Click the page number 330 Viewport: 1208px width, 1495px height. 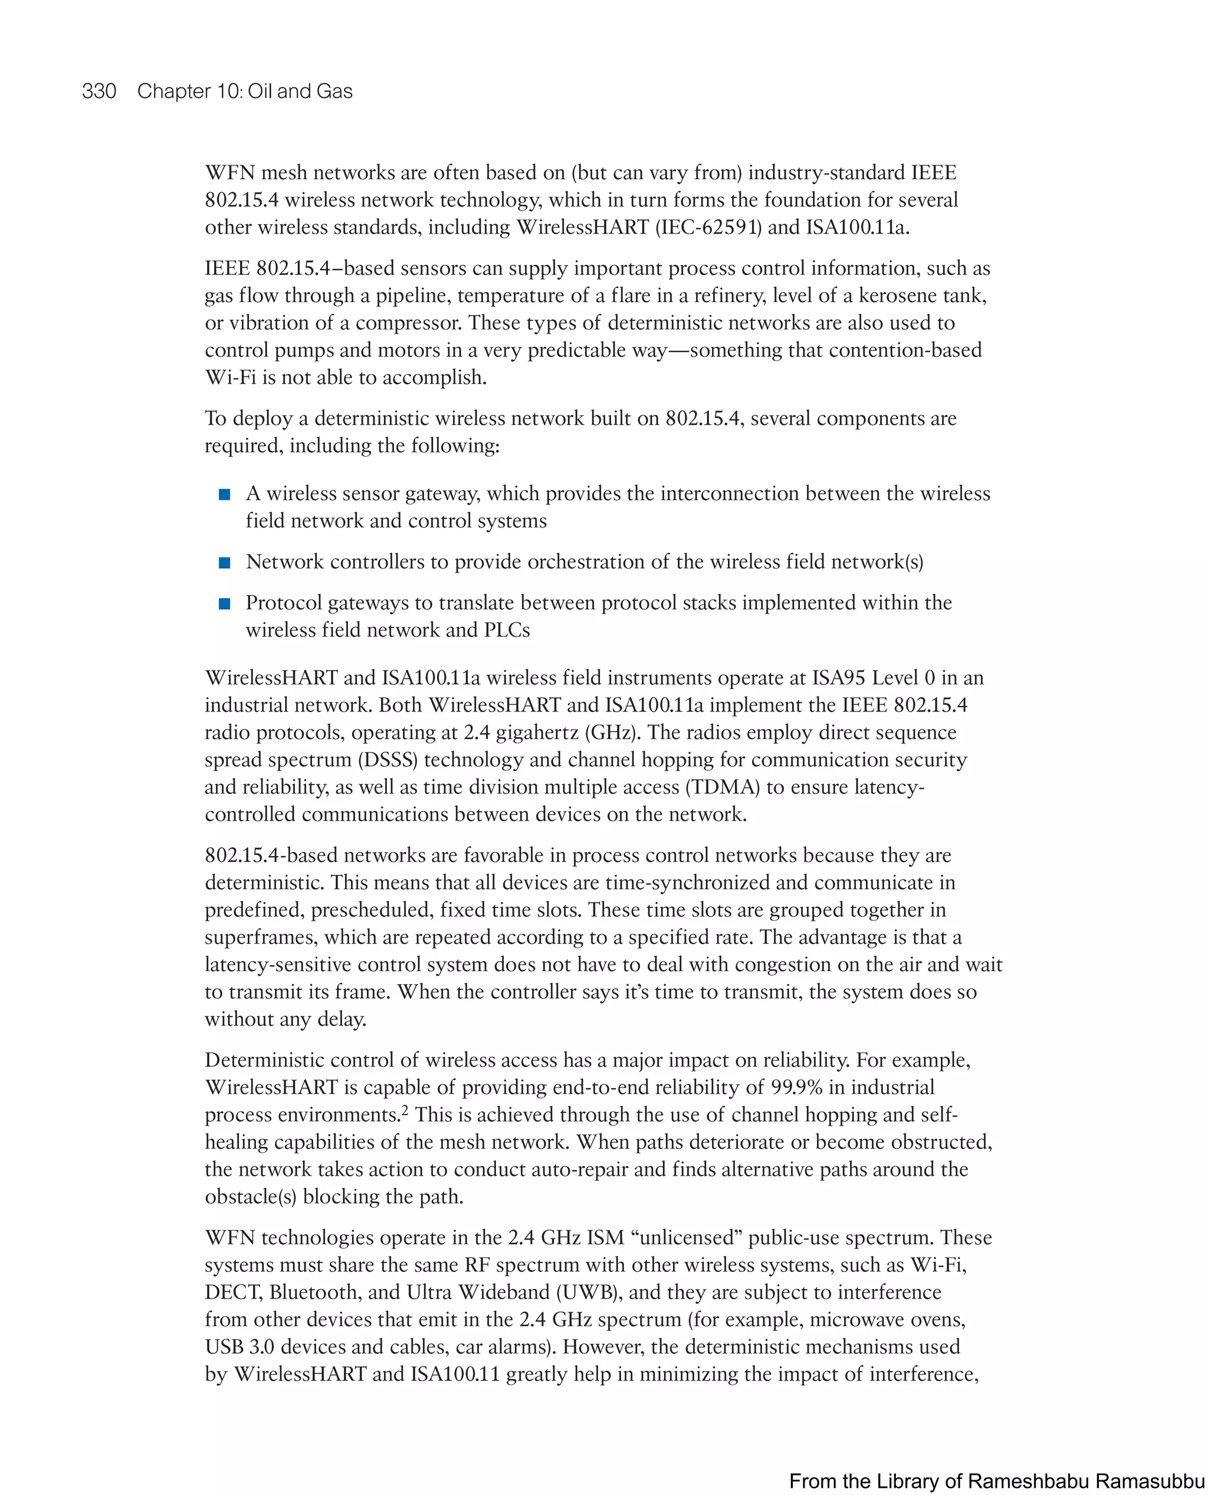(x=99, y=91)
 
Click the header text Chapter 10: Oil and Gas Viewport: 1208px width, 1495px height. (x=244, y=91)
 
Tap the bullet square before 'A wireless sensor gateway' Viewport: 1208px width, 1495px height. (x=225, y=495)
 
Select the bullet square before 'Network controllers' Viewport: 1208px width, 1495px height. (x=225, y=563)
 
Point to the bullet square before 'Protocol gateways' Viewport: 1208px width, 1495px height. (x=225, y=604)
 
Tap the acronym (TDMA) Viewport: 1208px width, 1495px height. (x=723, y=787)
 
